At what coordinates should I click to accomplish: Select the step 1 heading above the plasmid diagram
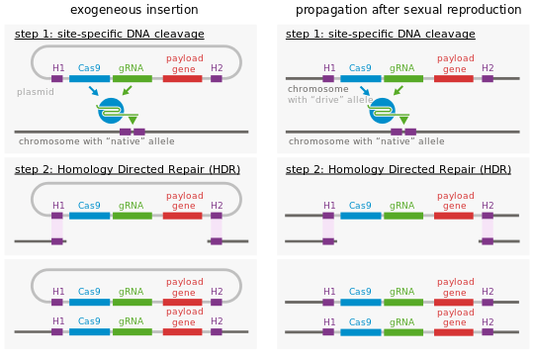[x=109, y=34]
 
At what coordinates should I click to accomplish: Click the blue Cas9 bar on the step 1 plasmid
[x=89, y=78]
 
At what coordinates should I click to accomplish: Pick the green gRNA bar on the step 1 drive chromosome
[x=402, y=78]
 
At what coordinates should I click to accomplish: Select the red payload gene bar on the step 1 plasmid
[x=182, y=78]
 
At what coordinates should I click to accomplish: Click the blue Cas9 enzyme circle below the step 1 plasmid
[x=111, y=111]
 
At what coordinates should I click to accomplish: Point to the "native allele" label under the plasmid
[x=95, y=141]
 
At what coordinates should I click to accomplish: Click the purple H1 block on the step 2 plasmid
[x=57, y=215]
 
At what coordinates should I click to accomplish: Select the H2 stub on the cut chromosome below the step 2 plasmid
[x=216, y=240]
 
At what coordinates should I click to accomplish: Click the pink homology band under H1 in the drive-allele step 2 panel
[x=328, y=227]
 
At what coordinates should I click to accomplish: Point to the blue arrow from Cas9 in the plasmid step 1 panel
[x=93, y=91]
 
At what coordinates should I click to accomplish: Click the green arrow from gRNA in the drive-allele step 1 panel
[x=398, y=91]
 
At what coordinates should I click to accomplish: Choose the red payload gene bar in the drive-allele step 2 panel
[x=454, y=215]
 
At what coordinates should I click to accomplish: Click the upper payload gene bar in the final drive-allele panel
[x=454, y=302]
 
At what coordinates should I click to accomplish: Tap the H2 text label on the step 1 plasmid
[x=217, y=68]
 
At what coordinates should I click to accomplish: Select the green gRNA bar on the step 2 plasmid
[x=132, y=215]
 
